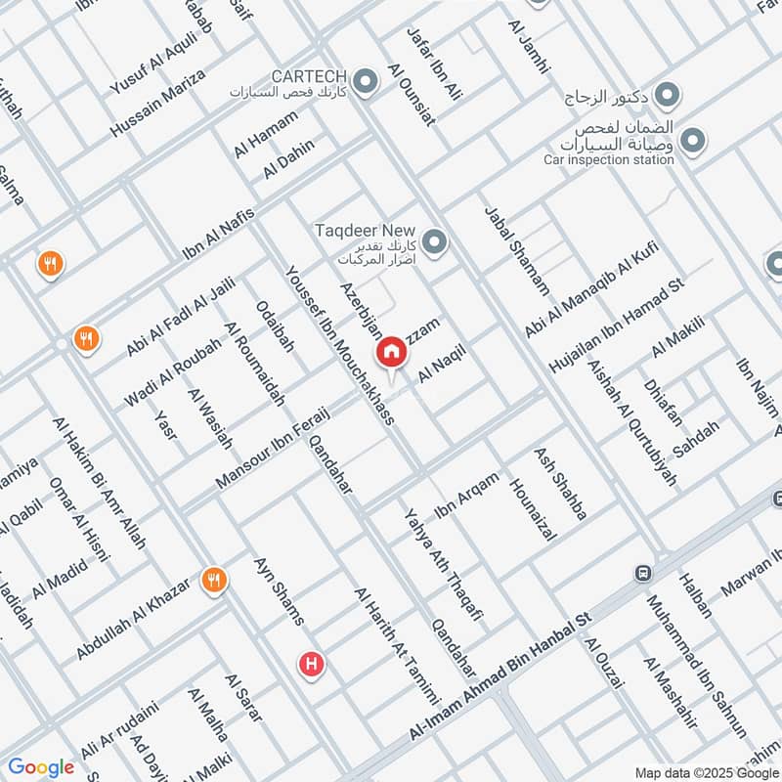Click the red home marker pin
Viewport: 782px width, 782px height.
tap(391, 351)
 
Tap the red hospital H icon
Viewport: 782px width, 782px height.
tap(311, 665)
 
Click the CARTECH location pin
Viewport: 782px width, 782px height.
tap(366, 82)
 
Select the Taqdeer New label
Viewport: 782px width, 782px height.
tap(359, 231)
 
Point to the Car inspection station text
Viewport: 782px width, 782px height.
tap(603, 159)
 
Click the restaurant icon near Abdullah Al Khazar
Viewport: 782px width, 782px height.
tap(211, 581)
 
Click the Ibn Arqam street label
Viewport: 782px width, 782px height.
tap(466, 495)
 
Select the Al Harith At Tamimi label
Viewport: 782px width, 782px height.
tap(396, 646)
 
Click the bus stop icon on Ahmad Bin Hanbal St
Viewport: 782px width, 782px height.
tap(643, 573)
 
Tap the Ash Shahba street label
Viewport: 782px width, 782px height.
tap(560, 484)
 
